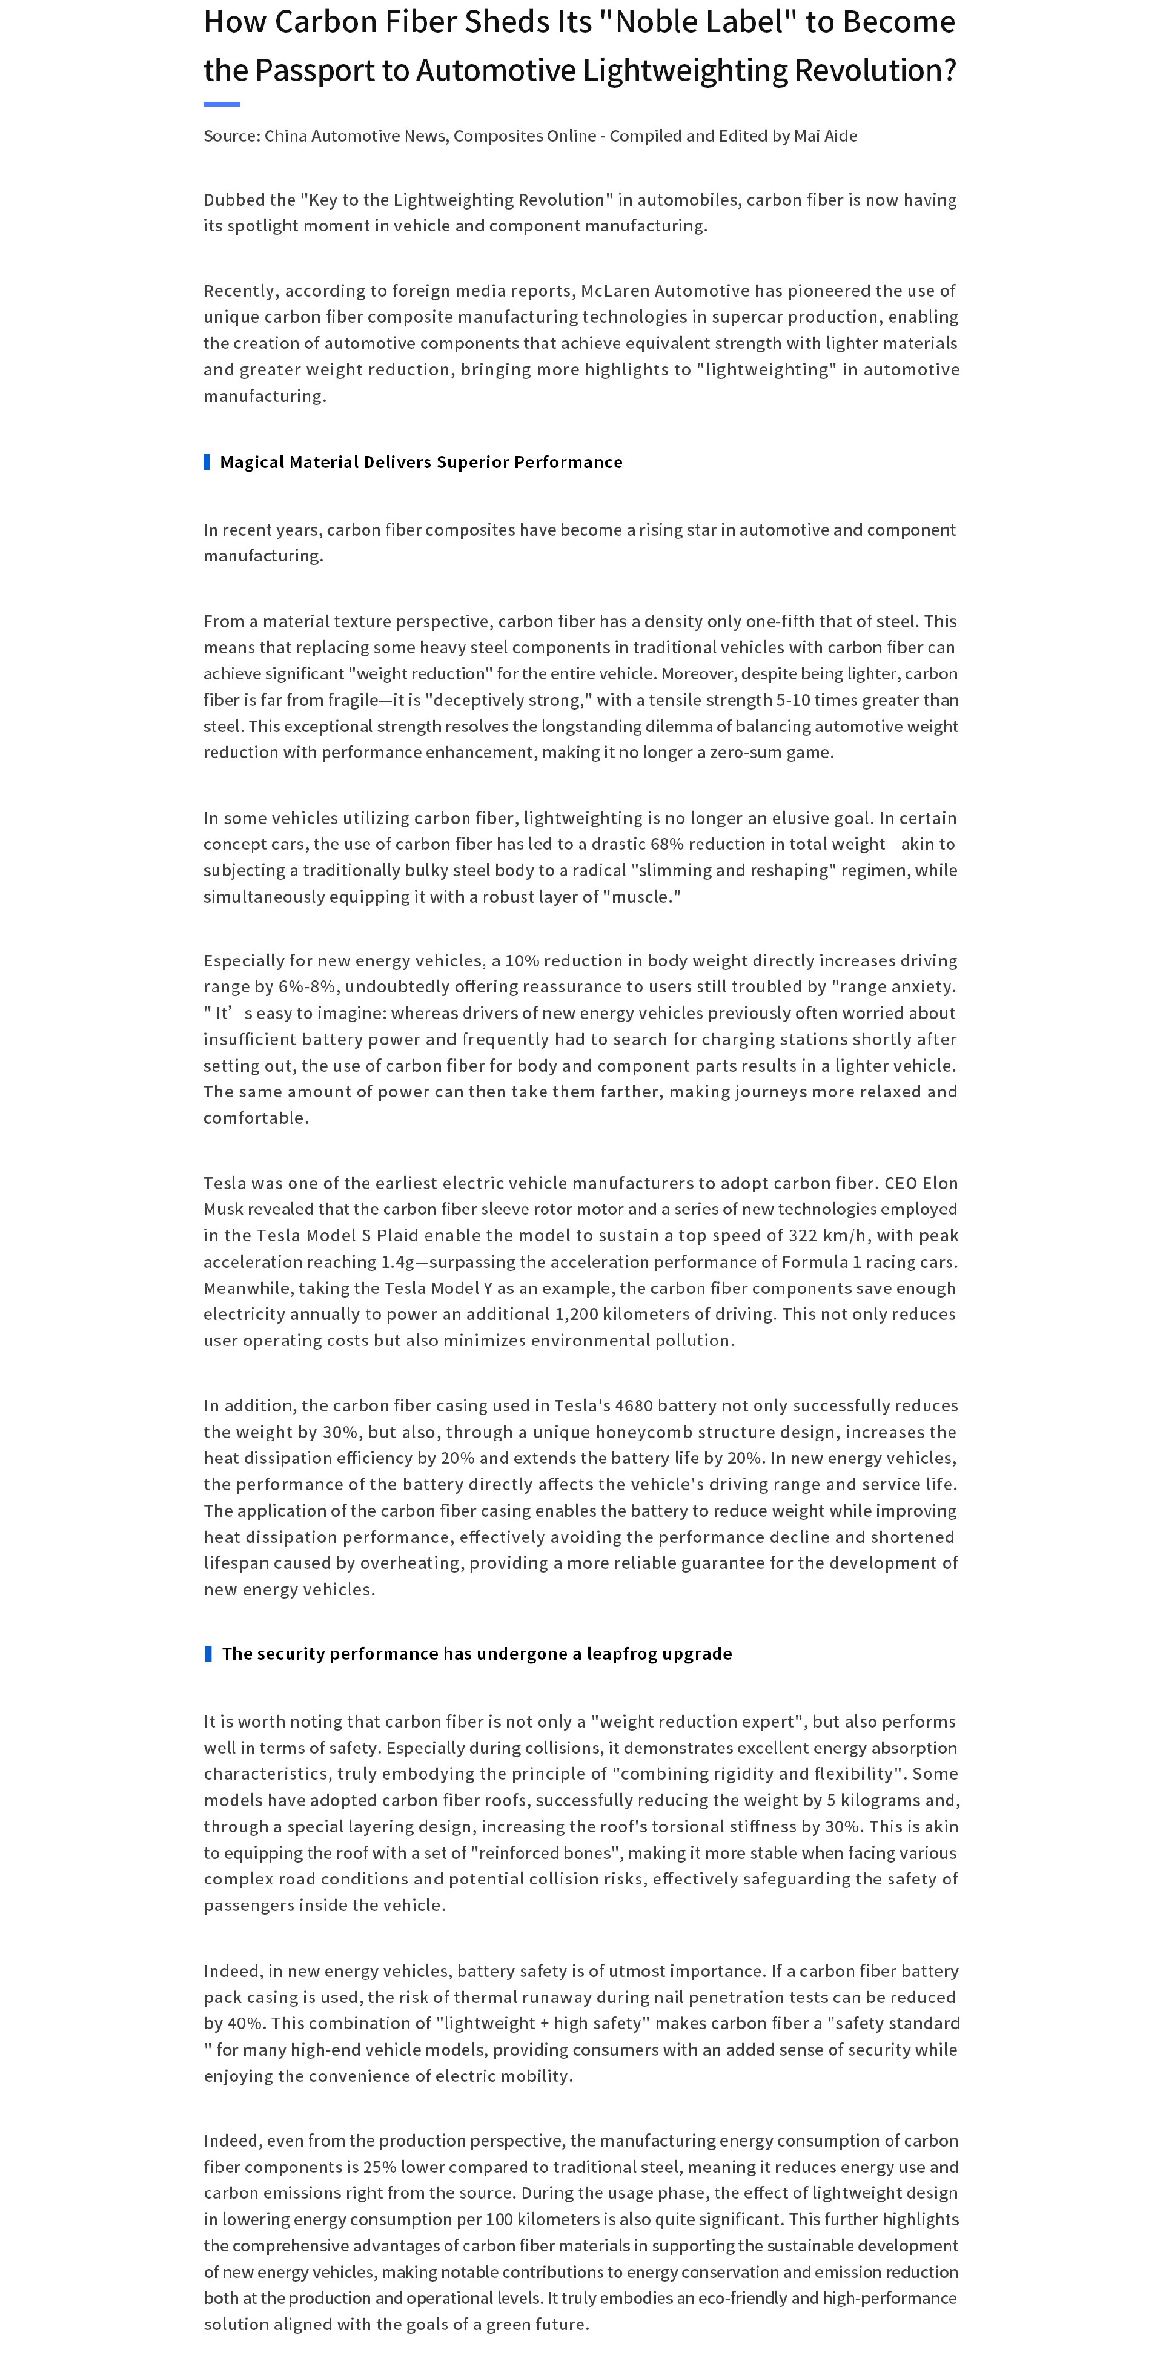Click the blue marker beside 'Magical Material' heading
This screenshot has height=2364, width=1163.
(207, 461)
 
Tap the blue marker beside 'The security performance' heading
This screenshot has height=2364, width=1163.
(208, 1654)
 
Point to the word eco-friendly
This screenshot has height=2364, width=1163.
(737, 2298)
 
